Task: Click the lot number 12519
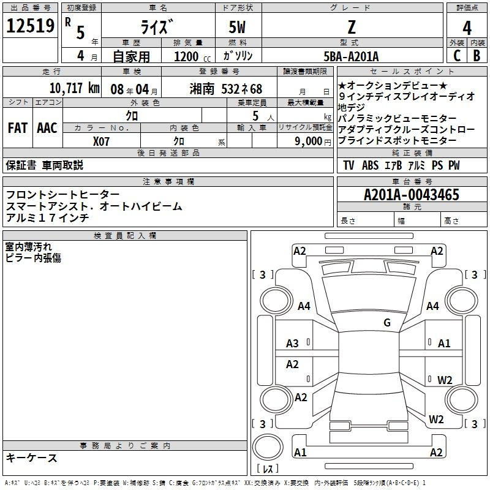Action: [x=30, y=26]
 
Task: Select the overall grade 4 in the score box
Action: [x=467, y=28]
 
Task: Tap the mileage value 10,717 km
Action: [x=74, y=88]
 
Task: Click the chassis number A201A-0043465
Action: [x=412, y=195]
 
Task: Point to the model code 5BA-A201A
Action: [x=351, y=56]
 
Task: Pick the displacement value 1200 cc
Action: [x=192, y=56]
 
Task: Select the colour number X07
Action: [x=101, y=141]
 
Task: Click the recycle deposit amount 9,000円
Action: [x=313, y=141]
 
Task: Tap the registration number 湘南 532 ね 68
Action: [x=225, y=89]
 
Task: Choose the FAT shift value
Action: [x=18, y=128]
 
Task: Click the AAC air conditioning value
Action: [x=47, y=128]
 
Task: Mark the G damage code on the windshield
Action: [x=387, y=322]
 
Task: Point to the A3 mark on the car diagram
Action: [x=292, y=344]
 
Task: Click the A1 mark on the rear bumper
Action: [x=300, y=452]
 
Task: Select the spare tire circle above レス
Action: [x=268, y=447]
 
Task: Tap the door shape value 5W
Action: [x=237, y=27]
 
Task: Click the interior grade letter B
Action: [x=477, y=56]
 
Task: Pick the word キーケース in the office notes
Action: [x=32, y=458]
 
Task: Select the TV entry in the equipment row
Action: [x=349, y=165]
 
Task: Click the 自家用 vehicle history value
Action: [x=131, y=56]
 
